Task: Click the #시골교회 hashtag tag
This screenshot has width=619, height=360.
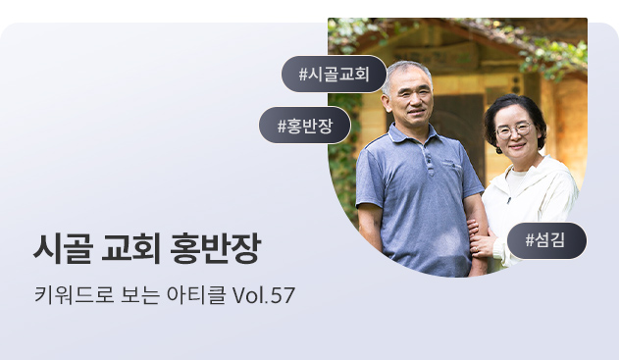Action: point(334,74)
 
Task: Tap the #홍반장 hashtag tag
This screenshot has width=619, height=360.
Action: point(305,126)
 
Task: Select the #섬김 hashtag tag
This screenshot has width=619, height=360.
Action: point(546,240)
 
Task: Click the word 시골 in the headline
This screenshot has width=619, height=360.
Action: point(64,248)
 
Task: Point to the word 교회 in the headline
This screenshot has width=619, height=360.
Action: point(130,248)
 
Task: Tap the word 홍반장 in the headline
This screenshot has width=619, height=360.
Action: point(215,248)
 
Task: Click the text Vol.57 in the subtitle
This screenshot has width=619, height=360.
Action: point(264,295)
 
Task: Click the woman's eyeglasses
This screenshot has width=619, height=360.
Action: point(514,129)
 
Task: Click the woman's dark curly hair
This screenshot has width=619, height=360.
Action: point(515,115)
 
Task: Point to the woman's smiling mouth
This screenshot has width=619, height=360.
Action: point(517,146)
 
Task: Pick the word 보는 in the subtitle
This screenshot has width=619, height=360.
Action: point(140,295)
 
